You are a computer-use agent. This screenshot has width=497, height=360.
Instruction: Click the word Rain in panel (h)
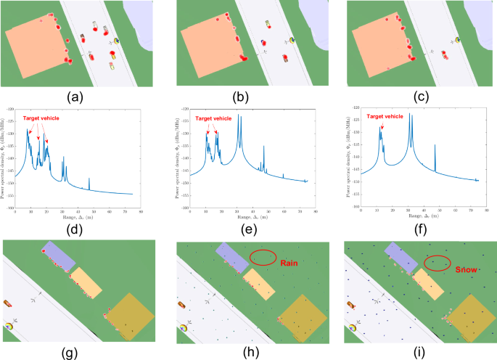tap(290, 264)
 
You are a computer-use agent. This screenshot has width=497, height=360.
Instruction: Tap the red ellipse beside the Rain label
tap(263, 257)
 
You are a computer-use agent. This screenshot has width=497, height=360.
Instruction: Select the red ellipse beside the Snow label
tap(436, 263)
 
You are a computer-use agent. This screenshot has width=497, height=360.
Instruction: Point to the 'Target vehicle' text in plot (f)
tap(385, 116)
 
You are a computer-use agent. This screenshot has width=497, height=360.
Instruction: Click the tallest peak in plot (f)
tap(410, 114)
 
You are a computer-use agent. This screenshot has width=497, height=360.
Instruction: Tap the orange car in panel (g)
tap(9, 303)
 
